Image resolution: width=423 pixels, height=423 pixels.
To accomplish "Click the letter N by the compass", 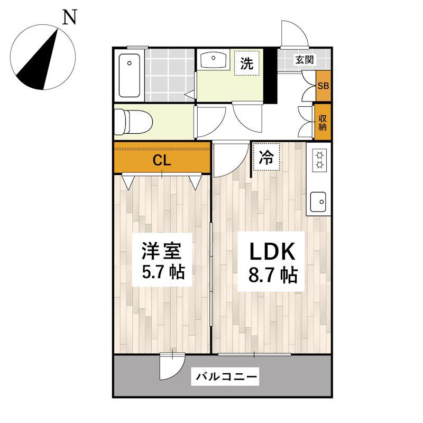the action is [70, 17].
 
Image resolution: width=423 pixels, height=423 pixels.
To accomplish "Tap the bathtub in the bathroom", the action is [130, 75].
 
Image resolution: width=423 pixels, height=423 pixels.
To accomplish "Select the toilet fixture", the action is [133, 122].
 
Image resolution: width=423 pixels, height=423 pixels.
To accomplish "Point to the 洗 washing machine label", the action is [247, 63].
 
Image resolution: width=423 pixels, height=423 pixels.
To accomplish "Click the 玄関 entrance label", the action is [305, 60].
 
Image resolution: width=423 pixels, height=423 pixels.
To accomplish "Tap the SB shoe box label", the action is [323, 86].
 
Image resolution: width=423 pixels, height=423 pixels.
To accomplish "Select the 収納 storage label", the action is [323, 123].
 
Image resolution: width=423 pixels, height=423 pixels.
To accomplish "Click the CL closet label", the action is [162, 161].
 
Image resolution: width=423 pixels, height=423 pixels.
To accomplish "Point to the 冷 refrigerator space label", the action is [266, 157].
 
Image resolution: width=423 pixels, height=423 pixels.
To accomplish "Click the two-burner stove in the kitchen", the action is [319, 160].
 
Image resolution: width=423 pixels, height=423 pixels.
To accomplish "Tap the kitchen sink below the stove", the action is [318, 202].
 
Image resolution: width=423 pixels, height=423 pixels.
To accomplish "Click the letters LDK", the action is [272, 252].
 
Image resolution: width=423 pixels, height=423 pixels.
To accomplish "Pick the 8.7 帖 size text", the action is [273, 275].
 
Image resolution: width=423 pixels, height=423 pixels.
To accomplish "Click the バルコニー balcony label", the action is [226, 376].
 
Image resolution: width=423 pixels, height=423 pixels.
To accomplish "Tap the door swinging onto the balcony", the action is [172, 366].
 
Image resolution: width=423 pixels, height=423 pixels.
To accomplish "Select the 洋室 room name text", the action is [161, 251].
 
